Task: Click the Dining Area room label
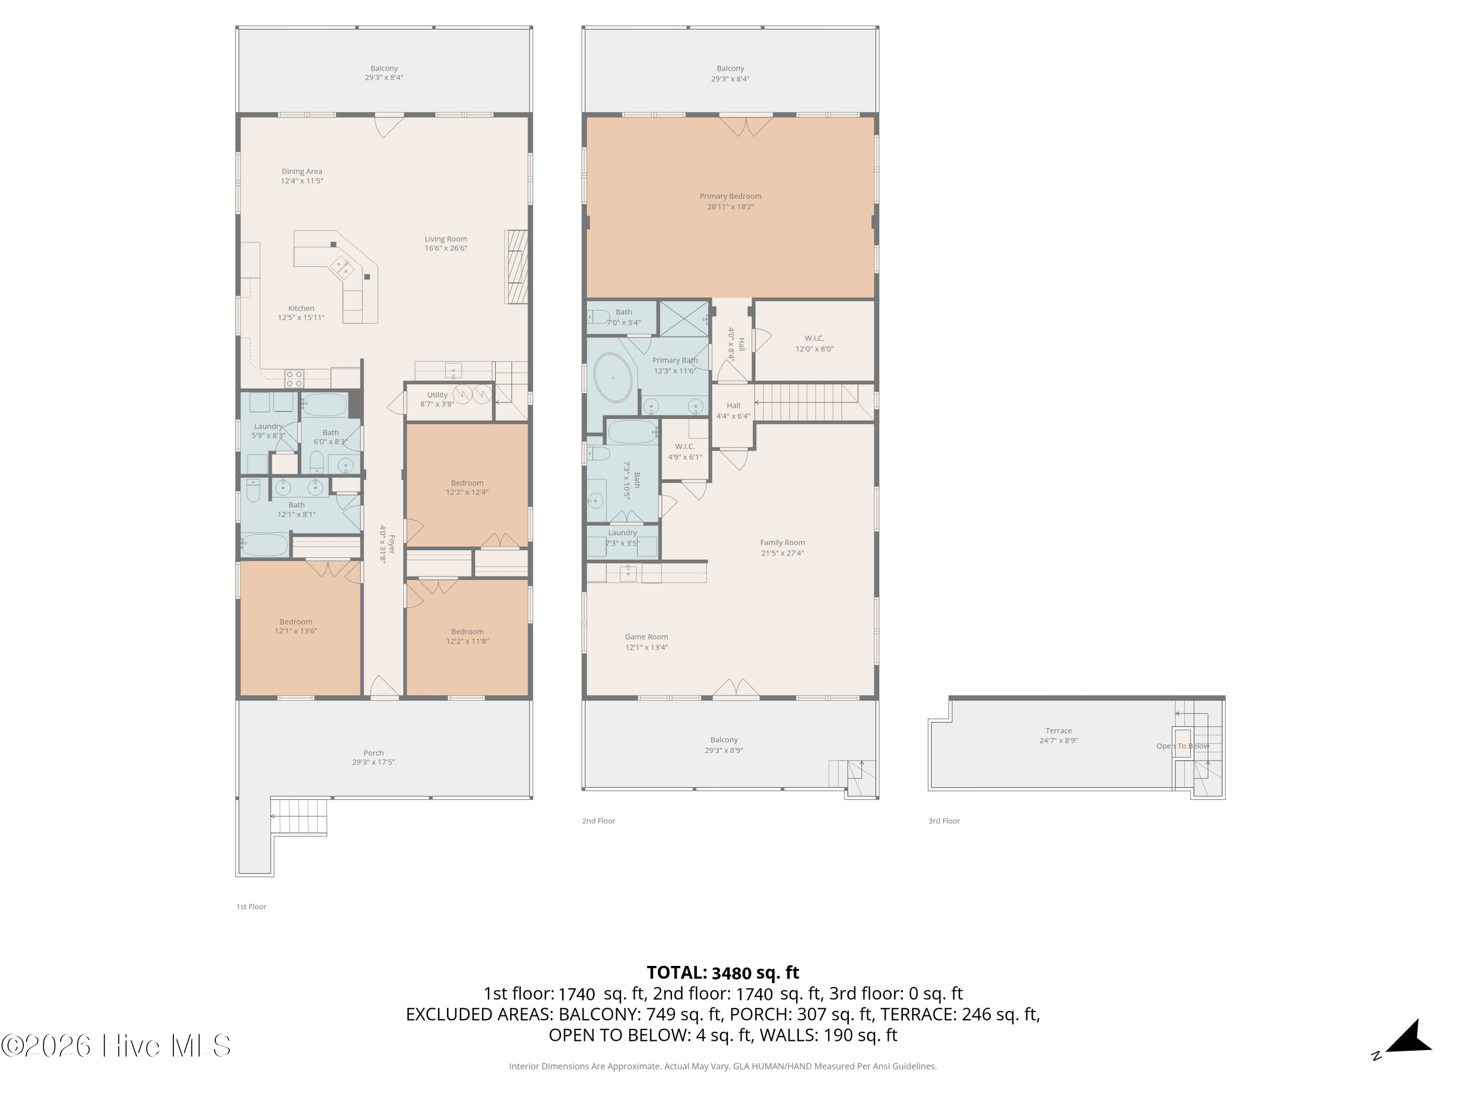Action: [302, 176]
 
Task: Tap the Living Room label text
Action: [446, 243]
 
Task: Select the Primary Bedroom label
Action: [730, 201]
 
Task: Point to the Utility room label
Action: [437, 399]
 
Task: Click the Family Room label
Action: [782, 547]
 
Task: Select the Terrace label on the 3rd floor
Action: [1058, 735]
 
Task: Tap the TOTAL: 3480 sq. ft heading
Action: [723, 972]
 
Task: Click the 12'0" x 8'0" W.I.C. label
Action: [814, 343]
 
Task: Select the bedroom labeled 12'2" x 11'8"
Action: [467, 636]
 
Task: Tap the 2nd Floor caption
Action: [599, 820]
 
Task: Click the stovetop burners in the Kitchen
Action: [295, 378]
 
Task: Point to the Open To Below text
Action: [1182, 746]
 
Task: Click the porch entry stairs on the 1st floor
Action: [300, 816]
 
